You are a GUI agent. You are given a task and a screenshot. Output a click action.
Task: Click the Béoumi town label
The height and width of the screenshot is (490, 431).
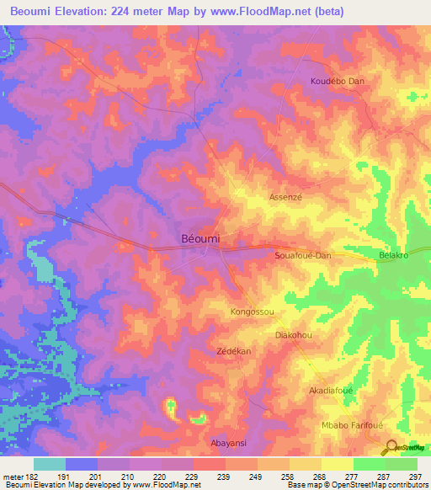pyautogui.click(x=201, y=239)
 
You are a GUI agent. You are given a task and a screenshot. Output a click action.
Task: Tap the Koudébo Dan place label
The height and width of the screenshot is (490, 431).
pyautogui.click(x=337, y=82)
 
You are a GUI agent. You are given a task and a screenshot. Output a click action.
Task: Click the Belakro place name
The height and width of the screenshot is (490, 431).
pyautogui.click(x=393, y=254)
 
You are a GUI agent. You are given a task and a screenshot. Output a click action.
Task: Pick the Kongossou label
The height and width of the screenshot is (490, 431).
pyautogui.click(x=253, y=312)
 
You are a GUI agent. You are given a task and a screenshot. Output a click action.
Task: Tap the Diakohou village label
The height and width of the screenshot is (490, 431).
pyautogui.click(x=295, y=334)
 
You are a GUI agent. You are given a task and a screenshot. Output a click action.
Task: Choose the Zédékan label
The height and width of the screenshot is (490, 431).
pyautogui.click(x=235, y=350)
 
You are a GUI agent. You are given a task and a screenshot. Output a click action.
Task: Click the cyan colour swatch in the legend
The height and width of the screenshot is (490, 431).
pyautogui.click(x=50, y=464)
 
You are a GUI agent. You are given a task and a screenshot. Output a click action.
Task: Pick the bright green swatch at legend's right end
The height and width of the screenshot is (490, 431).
pyautogui.click(x=402, y=464)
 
